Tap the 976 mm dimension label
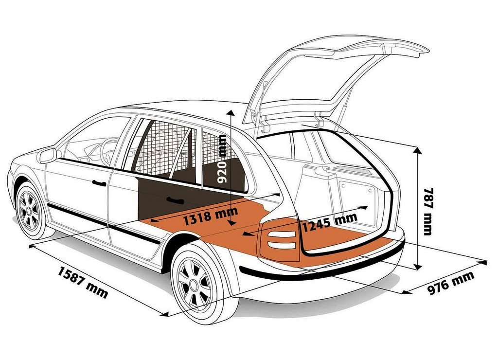click(451, 282)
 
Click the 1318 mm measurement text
click(211, 216)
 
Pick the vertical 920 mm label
click(222, 159)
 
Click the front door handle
click(99, 183)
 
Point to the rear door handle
click(175, 200)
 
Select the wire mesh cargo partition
click(165, 149)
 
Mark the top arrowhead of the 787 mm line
click(418, 150)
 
